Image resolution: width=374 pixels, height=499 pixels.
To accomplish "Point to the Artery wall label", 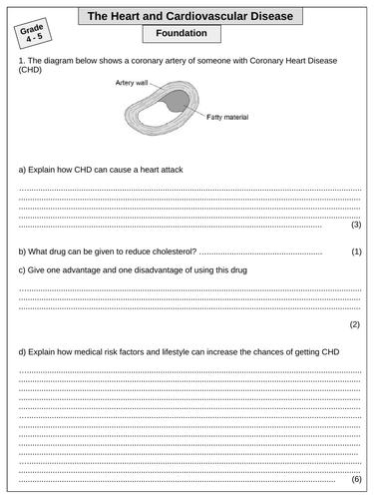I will tap(131, 84).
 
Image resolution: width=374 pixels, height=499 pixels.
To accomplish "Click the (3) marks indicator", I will tap(355, 225).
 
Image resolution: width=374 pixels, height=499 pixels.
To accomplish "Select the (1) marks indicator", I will tap(355, 251).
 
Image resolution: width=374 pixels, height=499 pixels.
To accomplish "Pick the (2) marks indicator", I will tap(355, 325).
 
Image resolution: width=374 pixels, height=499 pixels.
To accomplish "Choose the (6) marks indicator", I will tap(355, 479).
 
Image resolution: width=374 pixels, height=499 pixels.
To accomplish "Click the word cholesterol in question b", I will tap(176, 251).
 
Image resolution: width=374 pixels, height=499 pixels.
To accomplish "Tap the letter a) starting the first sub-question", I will tap(22, 169).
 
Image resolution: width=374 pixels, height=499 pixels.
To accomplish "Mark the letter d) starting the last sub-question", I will tap(22, 351).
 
